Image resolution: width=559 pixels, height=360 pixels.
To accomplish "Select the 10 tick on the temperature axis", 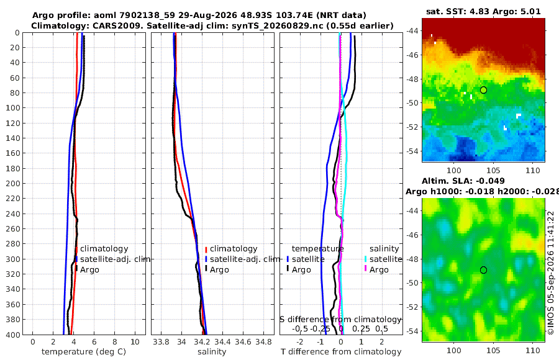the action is coord(135,342).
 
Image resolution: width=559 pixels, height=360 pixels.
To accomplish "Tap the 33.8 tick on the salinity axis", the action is coord(161,342).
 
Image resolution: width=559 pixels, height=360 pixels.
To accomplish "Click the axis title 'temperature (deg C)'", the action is coord(84,352).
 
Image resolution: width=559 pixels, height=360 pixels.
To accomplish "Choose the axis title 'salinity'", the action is coord(212,352).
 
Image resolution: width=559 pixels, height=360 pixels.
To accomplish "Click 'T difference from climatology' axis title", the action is coord(341,352).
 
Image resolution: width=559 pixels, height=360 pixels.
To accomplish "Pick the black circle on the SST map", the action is coord(483,90).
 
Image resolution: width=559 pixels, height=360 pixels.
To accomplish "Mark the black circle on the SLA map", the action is coord(483,270).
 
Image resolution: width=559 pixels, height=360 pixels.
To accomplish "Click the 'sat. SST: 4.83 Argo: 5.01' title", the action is coord(483,11).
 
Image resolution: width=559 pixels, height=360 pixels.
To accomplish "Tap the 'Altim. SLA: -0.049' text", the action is coord(463,181).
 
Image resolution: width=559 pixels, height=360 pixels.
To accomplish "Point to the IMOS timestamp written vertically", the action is coord(551,272).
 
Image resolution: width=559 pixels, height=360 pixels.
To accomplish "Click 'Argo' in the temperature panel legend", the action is coord(89,270).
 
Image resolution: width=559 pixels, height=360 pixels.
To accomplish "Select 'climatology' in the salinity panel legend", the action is coord(234,249).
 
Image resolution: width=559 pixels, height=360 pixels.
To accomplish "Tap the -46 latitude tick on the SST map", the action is coord(413,55).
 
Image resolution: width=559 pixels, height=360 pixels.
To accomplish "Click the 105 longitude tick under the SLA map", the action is coord(493,350).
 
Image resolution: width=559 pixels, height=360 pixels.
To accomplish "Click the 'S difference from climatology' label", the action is coord(340,320).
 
